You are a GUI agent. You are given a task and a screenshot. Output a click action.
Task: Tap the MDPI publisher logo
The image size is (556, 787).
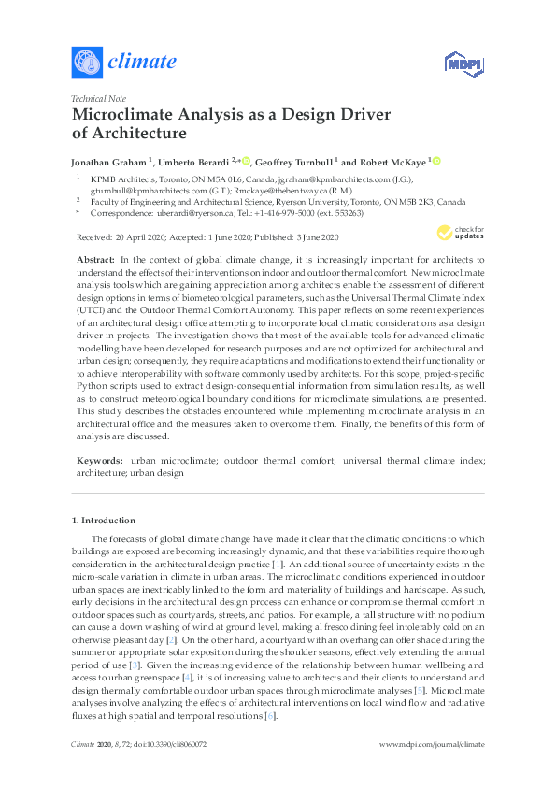pos(461,64)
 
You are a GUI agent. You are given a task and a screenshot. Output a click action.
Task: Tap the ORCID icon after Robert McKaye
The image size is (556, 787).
pos(435,160)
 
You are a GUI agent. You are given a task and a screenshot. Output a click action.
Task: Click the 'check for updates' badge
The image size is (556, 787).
pos(461,234)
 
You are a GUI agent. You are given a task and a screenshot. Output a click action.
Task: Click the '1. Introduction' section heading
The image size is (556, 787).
pos(104,520)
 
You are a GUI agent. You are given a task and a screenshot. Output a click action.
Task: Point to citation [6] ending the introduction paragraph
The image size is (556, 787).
pos(270,715)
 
